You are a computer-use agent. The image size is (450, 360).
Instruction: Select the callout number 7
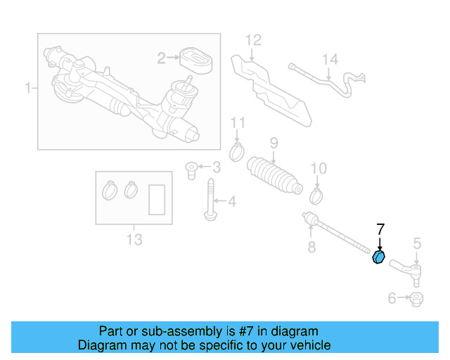[380, 229]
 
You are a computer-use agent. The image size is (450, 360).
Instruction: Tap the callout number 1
[28, 89]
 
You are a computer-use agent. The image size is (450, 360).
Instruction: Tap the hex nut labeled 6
[416, 300]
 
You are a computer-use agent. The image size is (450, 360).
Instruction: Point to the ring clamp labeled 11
[238, 149]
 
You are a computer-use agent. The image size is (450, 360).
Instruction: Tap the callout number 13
[134, 240]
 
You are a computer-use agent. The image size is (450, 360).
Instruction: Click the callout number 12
[252, 39]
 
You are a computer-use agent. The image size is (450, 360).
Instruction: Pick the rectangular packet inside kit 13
[157, 199]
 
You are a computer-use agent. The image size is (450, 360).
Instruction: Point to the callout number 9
[274, 143]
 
